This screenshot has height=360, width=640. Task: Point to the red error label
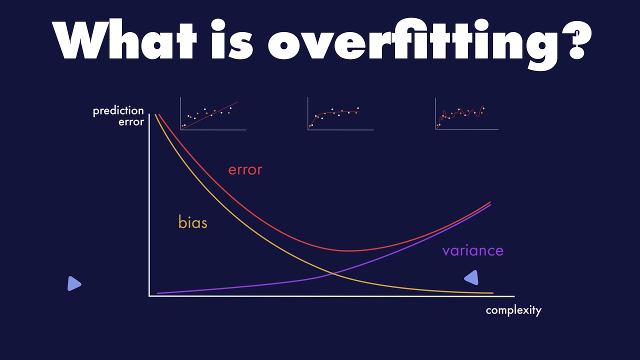point(245,170)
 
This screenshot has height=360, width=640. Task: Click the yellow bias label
point(193,222)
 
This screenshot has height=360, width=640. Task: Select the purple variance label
point(473,250)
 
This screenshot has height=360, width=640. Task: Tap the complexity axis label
point(513,310)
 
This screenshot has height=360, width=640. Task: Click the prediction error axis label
point(118,116)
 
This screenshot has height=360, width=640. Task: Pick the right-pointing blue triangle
point(74,283)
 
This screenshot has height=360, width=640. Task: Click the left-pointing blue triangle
point(471,277)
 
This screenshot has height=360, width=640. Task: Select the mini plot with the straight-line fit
point(213,113)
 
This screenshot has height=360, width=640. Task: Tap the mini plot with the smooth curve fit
point(340,113)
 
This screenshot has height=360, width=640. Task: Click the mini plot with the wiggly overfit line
point(467,113)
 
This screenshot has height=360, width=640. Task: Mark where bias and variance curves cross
point(332,273)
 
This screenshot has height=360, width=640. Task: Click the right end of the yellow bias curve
point(493,293)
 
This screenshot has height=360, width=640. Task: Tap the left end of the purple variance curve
point(157,293)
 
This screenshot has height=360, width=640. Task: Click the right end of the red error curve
point(490,202)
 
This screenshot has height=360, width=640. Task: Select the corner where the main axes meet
point(149,296)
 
